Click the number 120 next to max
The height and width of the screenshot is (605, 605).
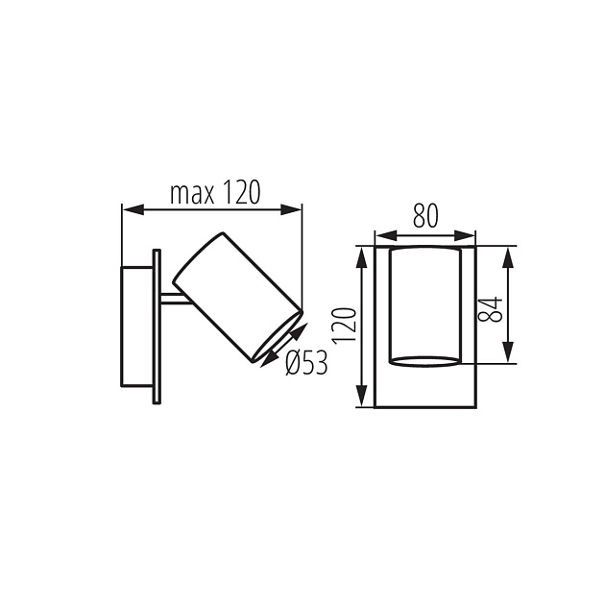[242, 193]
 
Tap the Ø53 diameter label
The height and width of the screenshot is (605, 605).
[306, 362]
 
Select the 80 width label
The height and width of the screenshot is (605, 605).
[425, 217]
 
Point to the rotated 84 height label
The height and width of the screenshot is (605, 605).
[490, 308]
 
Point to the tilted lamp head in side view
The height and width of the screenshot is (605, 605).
[236, 296]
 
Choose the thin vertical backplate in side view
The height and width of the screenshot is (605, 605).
[156, 327]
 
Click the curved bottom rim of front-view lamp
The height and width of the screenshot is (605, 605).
[424, 361]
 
